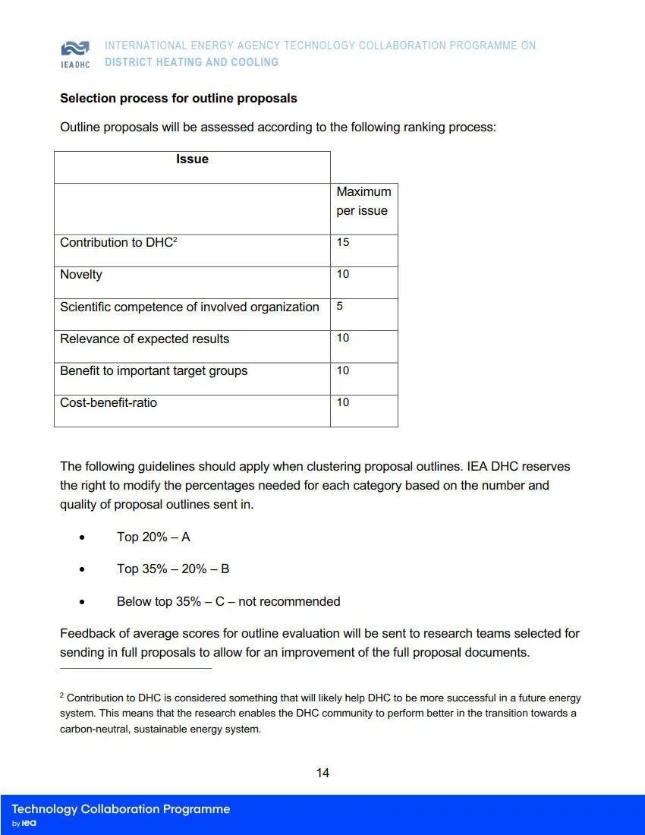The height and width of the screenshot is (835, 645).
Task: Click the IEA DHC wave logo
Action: [x=75, y=49]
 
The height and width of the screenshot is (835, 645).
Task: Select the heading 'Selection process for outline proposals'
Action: [x=178, y=99]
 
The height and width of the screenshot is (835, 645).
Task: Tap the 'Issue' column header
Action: [x=192, y=159]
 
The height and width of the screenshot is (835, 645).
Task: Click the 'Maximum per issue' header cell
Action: [x=363, y=201]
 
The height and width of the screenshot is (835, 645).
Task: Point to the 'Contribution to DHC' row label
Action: [x=118, y=243]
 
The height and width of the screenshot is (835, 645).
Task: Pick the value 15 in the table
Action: [x=343, y=242]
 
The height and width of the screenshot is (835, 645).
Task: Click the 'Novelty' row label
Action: [x=81, y=275]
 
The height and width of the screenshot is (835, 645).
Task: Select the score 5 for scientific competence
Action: [x=340, y=306]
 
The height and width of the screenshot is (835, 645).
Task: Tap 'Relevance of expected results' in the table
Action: [x=144, y=339]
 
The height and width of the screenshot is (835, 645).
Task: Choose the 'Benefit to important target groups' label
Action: [x=153, y=371]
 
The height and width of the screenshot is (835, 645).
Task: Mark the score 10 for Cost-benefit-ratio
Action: [x=343, y=402]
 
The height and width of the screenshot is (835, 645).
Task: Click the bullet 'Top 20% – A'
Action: [x=153, y=537]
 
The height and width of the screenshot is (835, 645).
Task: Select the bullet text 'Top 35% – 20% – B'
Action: [x=173, y=569]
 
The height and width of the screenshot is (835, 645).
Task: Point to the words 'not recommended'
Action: [x=289, y=602]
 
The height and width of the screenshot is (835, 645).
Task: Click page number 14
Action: [x=322, y=774]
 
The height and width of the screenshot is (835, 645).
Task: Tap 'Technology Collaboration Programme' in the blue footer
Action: [x=121, y=809]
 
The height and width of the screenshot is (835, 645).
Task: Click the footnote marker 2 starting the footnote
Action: [x=61, y=695]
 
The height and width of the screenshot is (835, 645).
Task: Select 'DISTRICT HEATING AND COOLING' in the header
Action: [x=191, y=62]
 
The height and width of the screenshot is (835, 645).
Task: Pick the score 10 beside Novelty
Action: [x=343, y=274]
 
